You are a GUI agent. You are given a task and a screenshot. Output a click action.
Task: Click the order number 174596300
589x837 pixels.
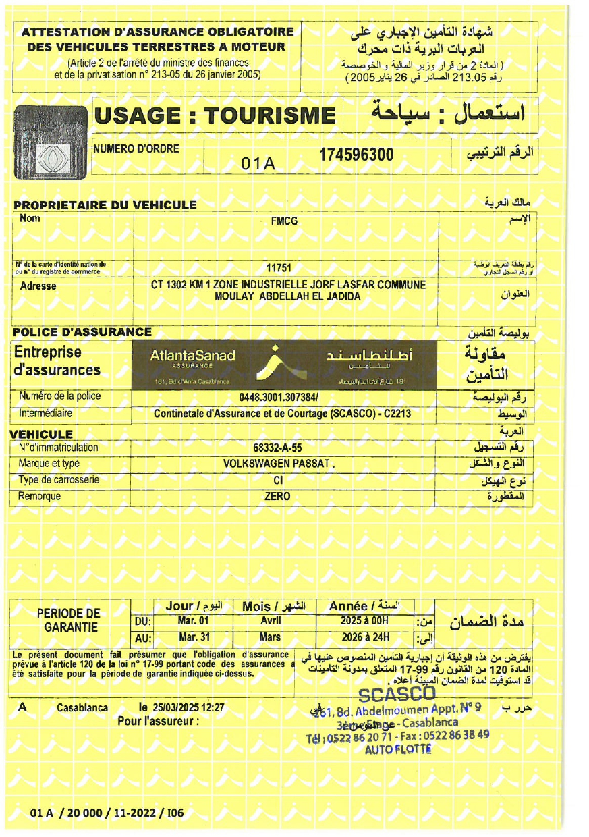[x=356, y=155]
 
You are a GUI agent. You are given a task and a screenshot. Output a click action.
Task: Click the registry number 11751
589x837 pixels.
[x=279, y=268]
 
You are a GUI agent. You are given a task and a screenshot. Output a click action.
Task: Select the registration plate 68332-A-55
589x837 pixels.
[x=277, y=447]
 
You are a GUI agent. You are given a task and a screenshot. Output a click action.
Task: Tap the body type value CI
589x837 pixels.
[x=277, y=480]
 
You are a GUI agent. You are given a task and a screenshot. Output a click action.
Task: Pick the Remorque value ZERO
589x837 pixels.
[x=277, y=496]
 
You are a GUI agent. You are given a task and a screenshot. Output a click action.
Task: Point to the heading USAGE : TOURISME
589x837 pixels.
[x=215, y=116]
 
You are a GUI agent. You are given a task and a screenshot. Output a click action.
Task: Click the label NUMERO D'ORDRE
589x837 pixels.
[x=136, y=148]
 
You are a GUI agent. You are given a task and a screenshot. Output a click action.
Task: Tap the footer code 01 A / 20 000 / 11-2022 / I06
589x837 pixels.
[x=107, y=813]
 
